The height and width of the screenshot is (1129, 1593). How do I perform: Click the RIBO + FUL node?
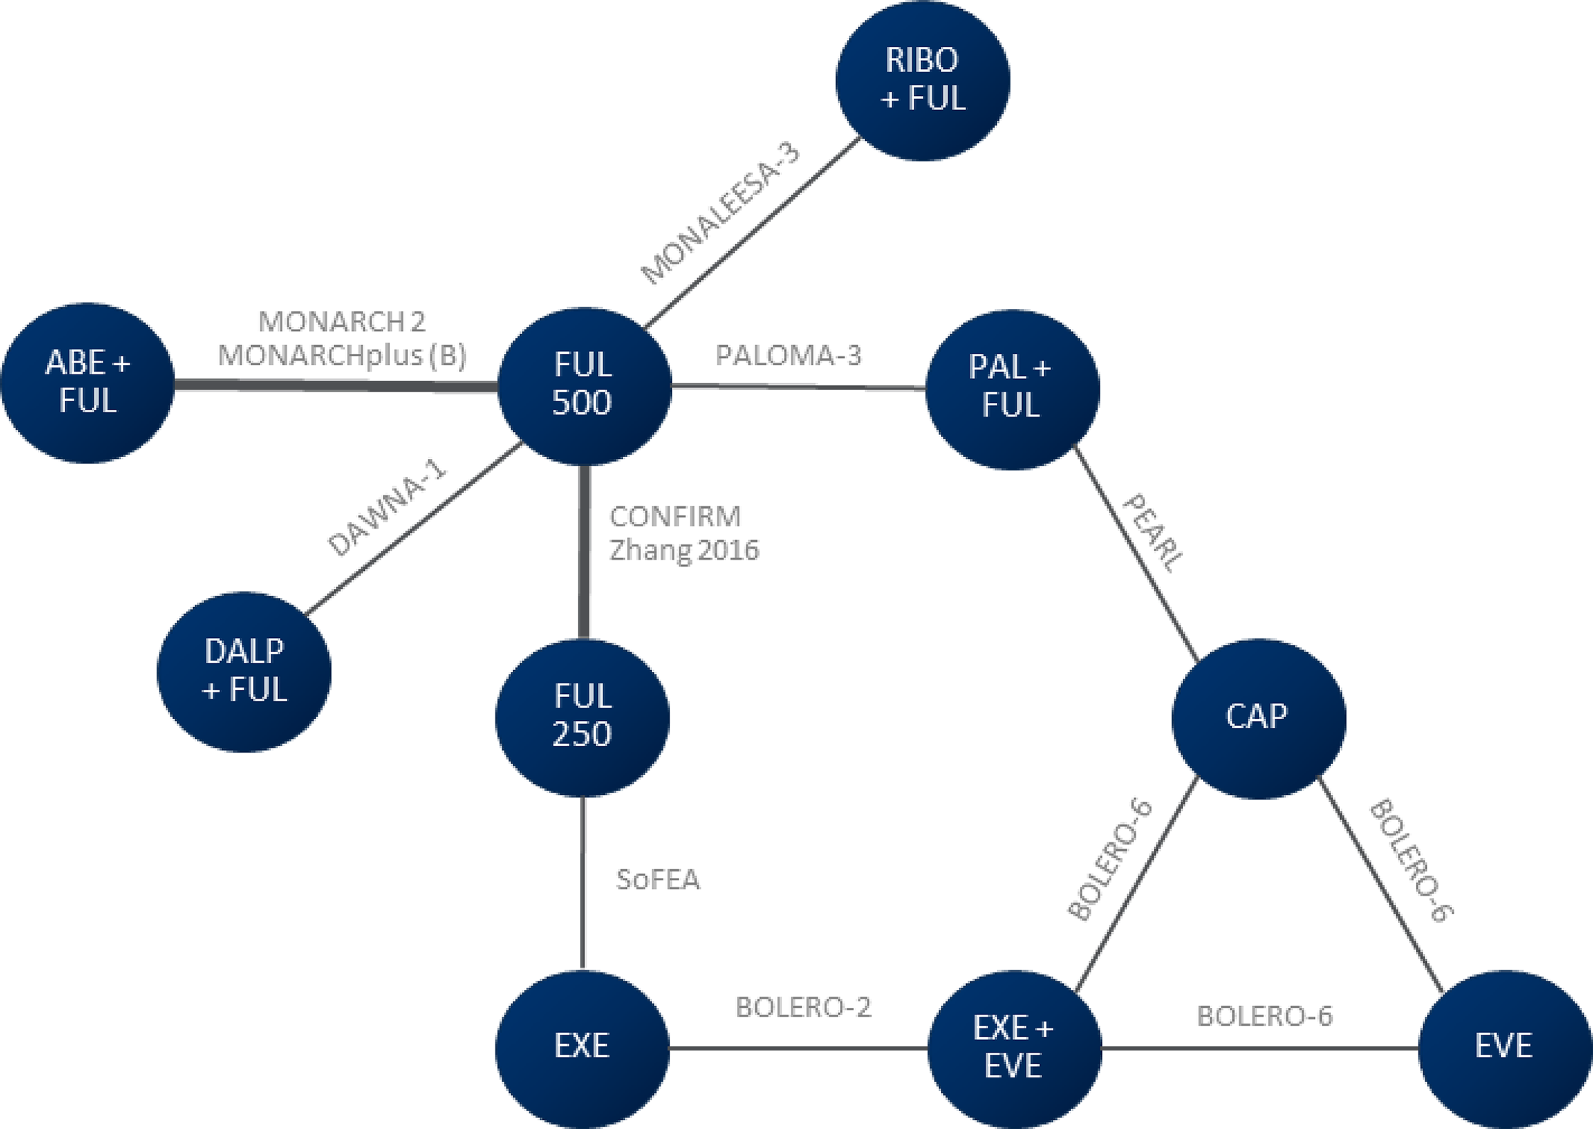click(x=922, y=80)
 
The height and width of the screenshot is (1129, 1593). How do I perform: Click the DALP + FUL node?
click(x=244, y=671)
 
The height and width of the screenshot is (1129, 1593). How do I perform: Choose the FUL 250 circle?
click(x=582, y=716)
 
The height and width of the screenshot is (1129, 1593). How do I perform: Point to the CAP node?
click(x=1258, y=717)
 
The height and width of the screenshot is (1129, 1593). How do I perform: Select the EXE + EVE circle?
click(x=1014, y=1048)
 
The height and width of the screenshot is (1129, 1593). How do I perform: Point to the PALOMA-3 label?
click(x=788, y=356)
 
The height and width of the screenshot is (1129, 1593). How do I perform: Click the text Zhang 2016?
click(x=684, y=551)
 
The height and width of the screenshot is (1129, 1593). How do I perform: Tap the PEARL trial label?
click(x=1151, y=533)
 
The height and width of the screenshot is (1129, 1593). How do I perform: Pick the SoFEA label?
click(x=657, y=880)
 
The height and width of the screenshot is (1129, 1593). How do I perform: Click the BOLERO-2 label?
click(x=803, y=1007)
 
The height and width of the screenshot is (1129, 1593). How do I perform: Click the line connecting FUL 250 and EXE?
click(x=582, y=883)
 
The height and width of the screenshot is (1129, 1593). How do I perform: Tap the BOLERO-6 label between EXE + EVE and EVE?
click(x=1264, y=1016)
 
